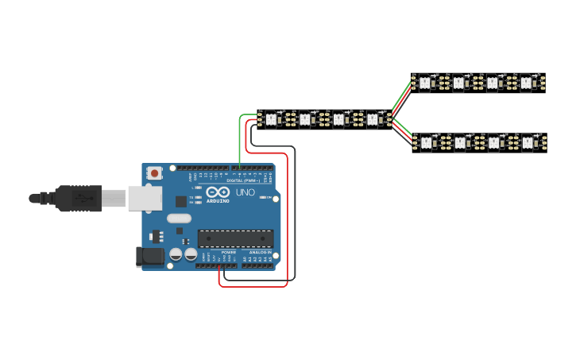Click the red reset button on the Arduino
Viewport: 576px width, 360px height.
[153, 172]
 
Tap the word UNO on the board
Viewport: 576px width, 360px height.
[245, 193]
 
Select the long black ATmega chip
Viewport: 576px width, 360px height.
[235, 238]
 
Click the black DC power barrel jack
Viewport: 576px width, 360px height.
[149, 256]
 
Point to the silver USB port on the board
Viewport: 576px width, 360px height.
[145, 198]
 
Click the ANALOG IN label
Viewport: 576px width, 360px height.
[259, 252]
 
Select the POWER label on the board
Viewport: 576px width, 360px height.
[218, 252]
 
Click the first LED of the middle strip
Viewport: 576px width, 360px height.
[271, 119]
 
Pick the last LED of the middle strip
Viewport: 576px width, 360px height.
[373, 119]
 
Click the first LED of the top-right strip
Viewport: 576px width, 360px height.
[424, 82]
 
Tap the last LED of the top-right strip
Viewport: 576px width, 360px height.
[526, 82]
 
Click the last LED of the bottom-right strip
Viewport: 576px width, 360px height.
[528, 142]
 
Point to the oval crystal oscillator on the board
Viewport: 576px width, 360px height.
[179, 219]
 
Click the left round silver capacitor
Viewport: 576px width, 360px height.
[176, 255]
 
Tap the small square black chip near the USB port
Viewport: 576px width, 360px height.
[181, 202]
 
